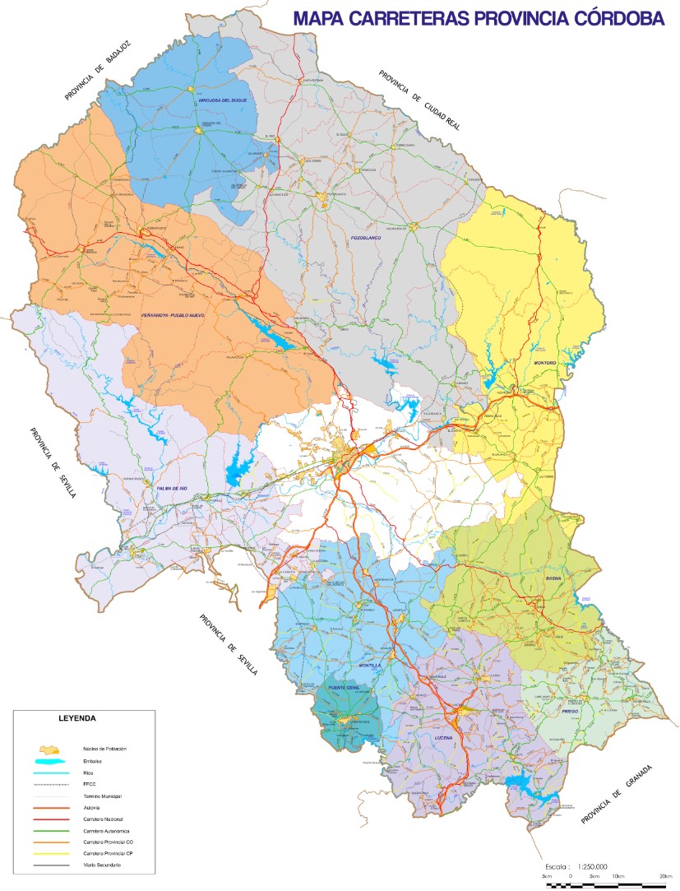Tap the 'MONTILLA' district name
pyautogui.click(x=374, y=665)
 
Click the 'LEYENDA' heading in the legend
pyautogui.click(x=78, y=718)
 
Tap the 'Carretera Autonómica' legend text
pyautogui.click(x=106, y=832)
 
